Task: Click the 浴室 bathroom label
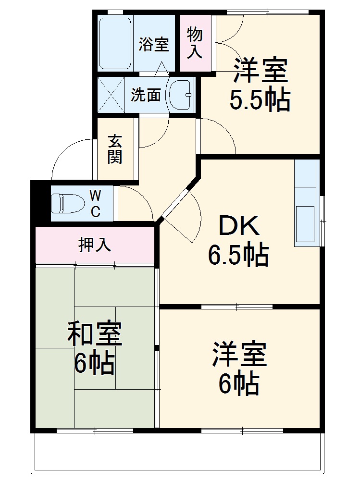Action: pyautogui.click(x=154, y=45)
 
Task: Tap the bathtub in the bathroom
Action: pyautogui.click(x=115, y=43)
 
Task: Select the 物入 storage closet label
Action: pyautogui.click(x=195, y=43)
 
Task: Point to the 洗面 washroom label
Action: pyautogui.click(x=146, y=95)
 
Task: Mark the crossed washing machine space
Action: pyautogui.click(x=111, y=95)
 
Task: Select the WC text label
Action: pyautogui.click(x=96, y=203)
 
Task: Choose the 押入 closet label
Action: pyautogui.click(x=95, y=245)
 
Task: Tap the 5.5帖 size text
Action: pyautogui.click(x=260, y=100)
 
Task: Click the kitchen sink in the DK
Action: pyautogui.click(x=306, y=224)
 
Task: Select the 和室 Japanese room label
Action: pyautogui.click(x=95, y=334)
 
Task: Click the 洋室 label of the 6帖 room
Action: pyautogui.click(x=239, y=355)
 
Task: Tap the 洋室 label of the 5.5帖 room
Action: pyautogui.click(x=261, y=71)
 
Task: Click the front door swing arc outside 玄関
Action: pyautogui.click(x=67, y=154)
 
